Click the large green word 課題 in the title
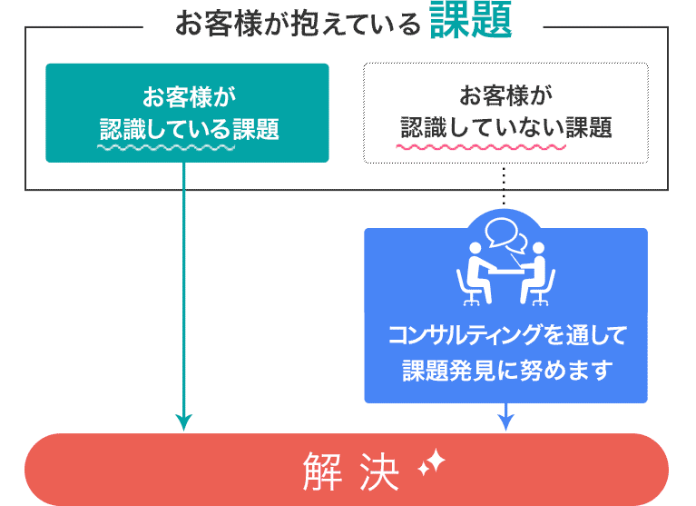pos(471,23)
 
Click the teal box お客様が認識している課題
pos(187,113)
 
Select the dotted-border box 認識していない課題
pos(505,113)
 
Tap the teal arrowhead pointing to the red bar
pos(184,422)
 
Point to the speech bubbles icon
pos(505,237)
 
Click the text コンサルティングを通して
pos(505,336)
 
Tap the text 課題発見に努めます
pos(505,371)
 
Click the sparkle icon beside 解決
pos(430,465)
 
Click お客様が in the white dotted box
pos(505,94)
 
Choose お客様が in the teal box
pos(187,94)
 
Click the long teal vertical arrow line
pos(184,291)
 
